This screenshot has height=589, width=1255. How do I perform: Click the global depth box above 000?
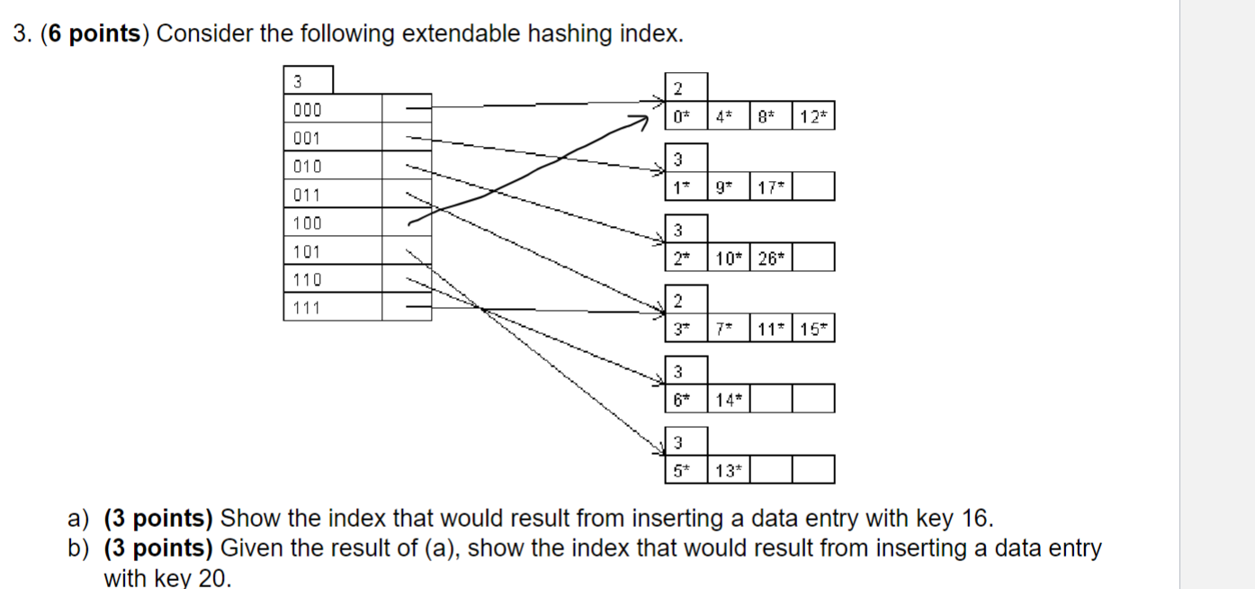point(308,80)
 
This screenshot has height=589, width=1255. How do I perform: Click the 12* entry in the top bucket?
point(813,116)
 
